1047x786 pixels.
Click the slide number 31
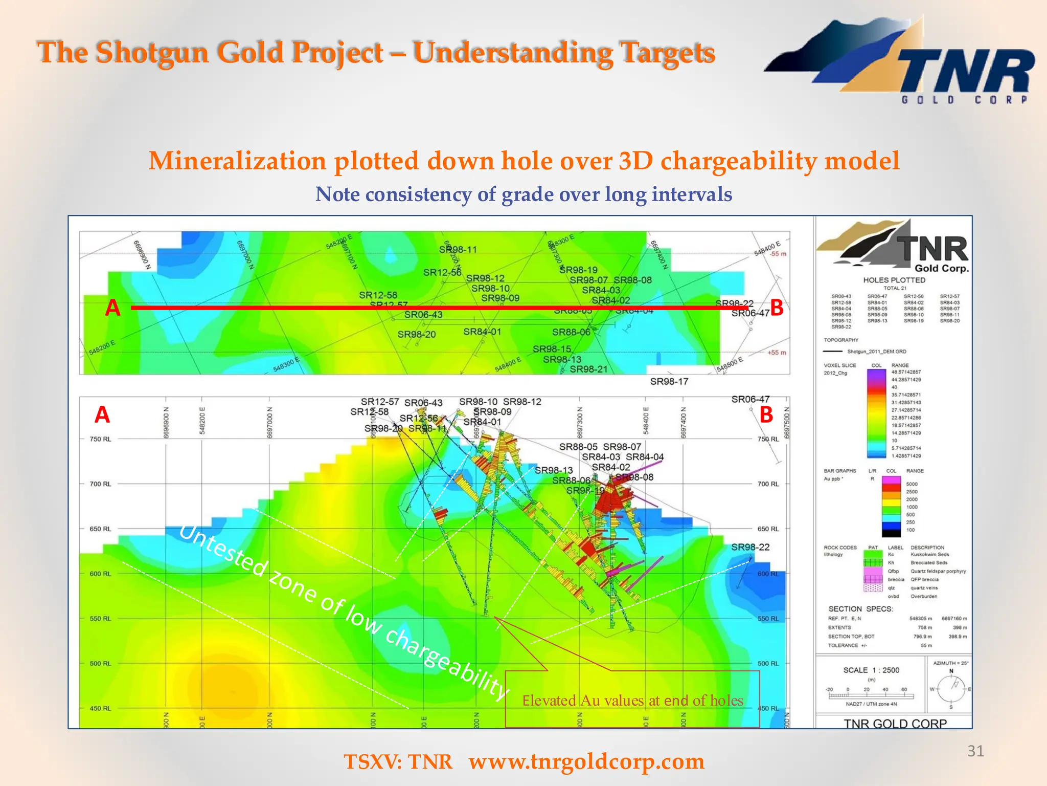(x=975, y=751)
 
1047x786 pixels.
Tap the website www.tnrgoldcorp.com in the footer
(x=586, y=761)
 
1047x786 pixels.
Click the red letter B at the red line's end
(x=777, y=308)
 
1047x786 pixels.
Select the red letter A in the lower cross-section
(x=102, y=414)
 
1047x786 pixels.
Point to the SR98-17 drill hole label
(x=669, y=381)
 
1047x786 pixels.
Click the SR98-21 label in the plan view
(x=588, y=369)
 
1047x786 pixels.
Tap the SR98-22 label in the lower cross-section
(x=750, y=547)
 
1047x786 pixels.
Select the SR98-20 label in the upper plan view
(x=417, y=335)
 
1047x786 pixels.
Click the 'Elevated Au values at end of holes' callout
(x=632, y=700)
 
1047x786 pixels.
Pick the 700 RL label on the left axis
(x=100, y=484)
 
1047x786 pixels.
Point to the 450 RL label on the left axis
(x=100, y=708)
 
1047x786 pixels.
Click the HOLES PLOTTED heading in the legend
(x=894, y=280)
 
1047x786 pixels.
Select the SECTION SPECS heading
(x=860, y=609)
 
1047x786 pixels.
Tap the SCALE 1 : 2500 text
(x=871, y=670)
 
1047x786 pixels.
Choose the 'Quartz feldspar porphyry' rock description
(x=938, y=571)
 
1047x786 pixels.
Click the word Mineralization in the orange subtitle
(x=237, y=161)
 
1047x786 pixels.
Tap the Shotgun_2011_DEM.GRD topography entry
(x=877, y=352)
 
